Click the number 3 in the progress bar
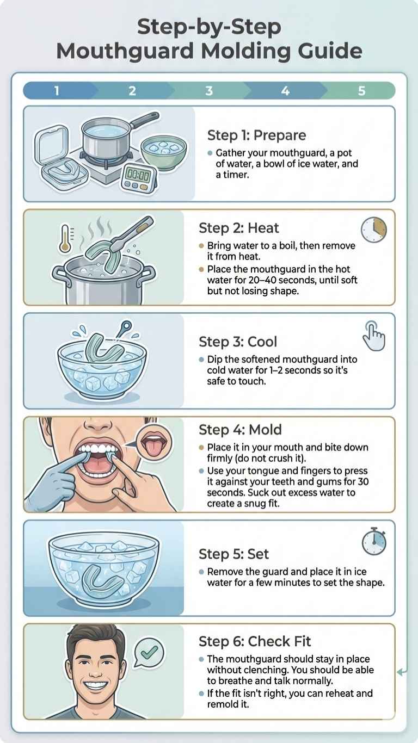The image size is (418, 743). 209,91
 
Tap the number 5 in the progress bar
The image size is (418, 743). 361,91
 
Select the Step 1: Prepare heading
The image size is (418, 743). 256,135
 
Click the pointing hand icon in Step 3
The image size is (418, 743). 374,336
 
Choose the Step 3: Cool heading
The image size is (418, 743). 238,342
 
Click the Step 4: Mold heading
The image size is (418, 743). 240,430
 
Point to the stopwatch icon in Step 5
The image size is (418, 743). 374,542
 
